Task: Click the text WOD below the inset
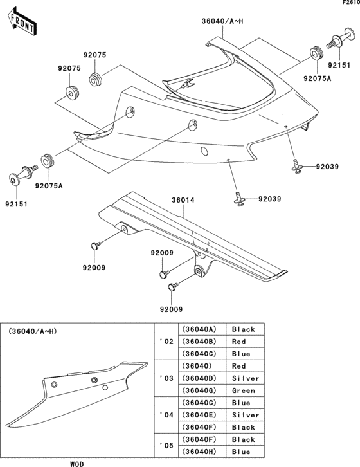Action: click(x=76, y=462)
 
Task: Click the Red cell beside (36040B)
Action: click(x=239, y=342)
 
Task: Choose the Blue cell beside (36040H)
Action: click(x=241, y=452)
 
